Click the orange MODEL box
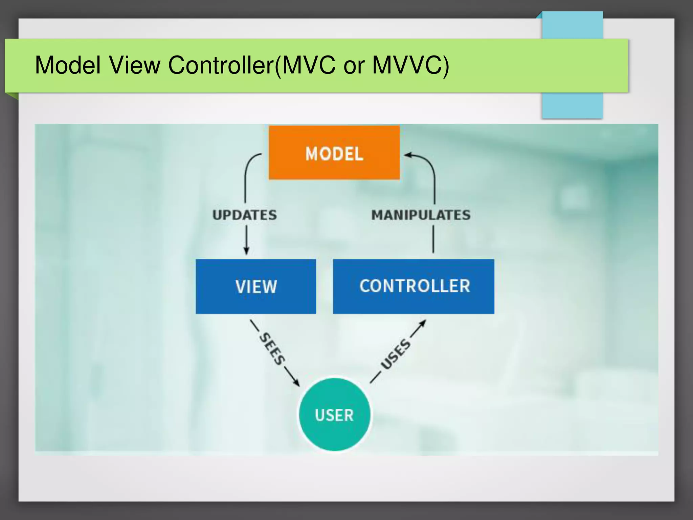(334, 153)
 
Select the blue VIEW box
(256, 286)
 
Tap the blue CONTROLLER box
(413, 286)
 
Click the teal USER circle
(334, 415)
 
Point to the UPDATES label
(245, 215)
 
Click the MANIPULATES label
(421, 215)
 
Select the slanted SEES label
(272, 349)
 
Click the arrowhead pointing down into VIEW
(246, 251)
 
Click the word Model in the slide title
(68, 65)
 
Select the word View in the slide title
(134, 65)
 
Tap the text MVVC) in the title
(410, 65)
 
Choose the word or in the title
(354, 65)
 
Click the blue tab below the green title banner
(572, 106)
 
